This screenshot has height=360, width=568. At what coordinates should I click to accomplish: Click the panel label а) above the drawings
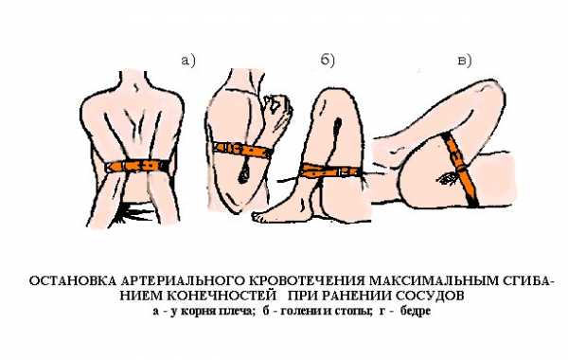pos(188,61)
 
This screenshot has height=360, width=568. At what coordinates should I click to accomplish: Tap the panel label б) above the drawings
pos(328,61)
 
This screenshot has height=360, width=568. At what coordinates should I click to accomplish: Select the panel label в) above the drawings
pos(465,61)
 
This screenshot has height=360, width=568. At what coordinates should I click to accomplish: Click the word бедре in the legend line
pos(416,311)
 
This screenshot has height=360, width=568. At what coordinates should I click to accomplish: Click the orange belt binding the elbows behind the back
pos(137,166)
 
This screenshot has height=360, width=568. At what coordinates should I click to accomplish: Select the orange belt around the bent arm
pos(242,149)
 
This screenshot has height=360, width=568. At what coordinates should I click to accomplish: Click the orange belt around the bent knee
pos(328,171)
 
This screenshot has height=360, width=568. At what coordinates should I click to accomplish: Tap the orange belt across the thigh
pos(460,169)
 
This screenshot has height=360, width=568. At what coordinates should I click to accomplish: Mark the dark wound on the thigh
pos(448,178)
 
